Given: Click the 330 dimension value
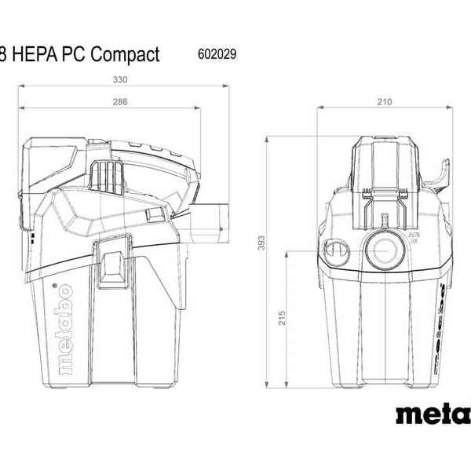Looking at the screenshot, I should (x=119, y=79).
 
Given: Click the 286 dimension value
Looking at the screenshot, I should (x=119, y=102).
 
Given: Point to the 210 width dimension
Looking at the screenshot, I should (x=385, y=102).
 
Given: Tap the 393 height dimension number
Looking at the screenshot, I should (x=260, y=244).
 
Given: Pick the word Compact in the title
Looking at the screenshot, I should (x=126, y=54).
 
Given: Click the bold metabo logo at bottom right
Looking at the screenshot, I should (x=433, y=413).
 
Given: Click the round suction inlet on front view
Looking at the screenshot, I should (x=384, y=250).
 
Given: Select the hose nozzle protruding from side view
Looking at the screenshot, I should (x=210, y=222).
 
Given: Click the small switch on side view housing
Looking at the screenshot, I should (x=155, y=214).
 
